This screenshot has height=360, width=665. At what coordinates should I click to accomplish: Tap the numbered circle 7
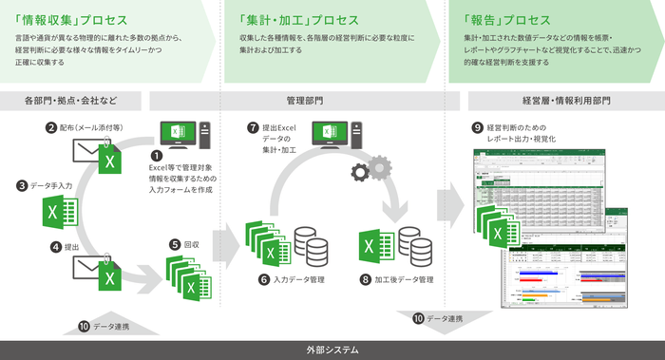[x=252, y=126]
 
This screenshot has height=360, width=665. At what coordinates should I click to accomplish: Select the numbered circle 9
[x=477, y=126]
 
